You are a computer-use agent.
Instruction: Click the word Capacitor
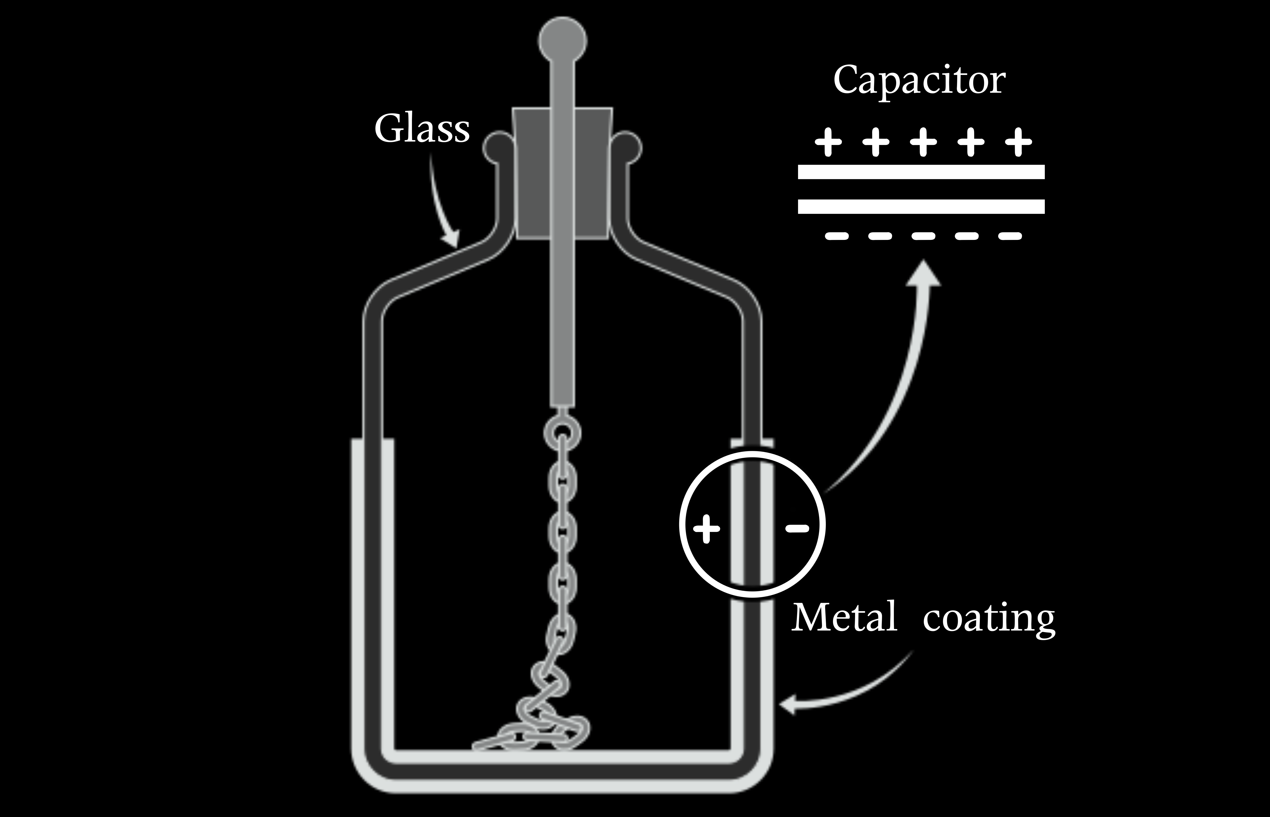point(919,81)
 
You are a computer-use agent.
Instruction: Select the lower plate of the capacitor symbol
point(921,206)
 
